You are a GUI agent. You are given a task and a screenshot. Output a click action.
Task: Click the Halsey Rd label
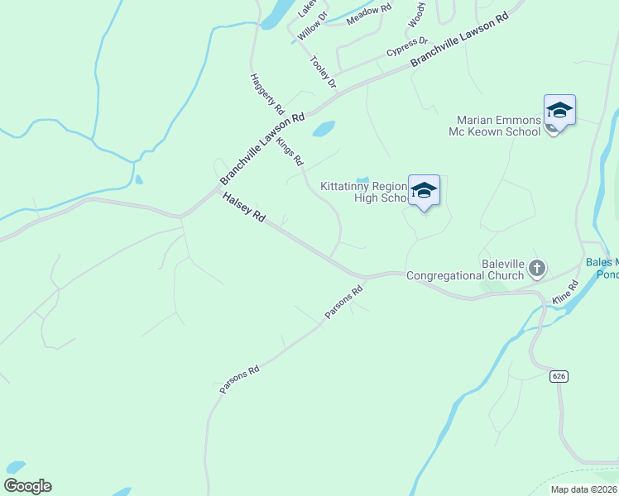tap(243, 207)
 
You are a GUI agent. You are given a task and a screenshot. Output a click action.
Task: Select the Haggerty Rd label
tap(267, 93)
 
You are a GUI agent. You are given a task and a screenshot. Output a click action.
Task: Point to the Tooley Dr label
tap(324, 72)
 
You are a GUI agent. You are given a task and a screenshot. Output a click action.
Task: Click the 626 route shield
tap(559, 376)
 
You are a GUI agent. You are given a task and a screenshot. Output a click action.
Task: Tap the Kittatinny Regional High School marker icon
tap(424, 190)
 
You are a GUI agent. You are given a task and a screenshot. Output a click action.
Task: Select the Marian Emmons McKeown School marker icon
tap(559, 110)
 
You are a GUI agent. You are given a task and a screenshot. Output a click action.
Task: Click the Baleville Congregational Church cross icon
tap(537, 268)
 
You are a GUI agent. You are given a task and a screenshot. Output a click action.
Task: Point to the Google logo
tap(27, 486)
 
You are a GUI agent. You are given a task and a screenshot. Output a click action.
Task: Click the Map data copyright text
tap(584, 489)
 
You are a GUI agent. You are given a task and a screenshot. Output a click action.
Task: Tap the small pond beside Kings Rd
tap(324, 129)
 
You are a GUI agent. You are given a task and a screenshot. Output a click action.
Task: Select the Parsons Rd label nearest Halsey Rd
tap(346, 303)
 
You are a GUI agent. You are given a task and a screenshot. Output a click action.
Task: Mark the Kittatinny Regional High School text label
tap(364, 192)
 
